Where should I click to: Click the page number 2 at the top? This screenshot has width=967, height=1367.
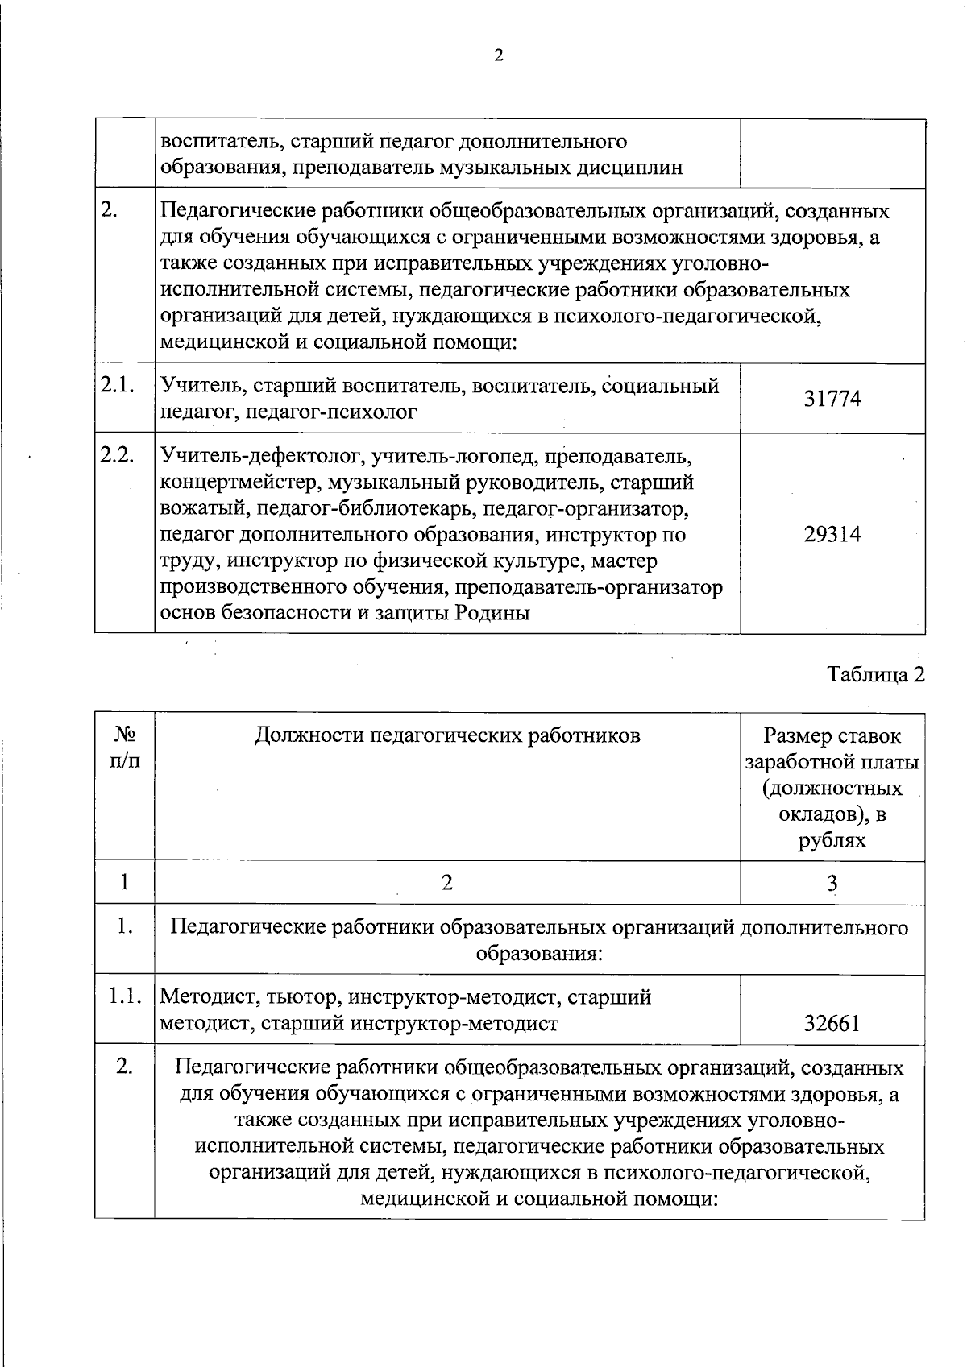pyautogui.click(x=498, y=56)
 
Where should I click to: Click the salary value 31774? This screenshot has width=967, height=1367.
pyautogui.click(x=832, y=399)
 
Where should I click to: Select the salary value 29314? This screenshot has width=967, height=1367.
pyautogui.click(x=832, y=534)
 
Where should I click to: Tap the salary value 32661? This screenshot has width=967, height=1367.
pyautogui.click(x=832, y=1024)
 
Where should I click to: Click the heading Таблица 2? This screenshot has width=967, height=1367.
pyautogui.click(x=876, y=674)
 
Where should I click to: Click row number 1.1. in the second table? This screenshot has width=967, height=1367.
pyautogui.click(x=126, y=997)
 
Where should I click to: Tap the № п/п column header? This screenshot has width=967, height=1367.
pyautogui.click(x=124, y=748)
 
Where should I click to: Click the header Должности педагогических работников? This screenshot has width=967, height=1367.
pyautogui.click(x=447, y=735)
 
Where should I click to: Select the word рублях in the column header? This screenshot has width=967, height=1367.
pyautogui.click(x=832, y=841)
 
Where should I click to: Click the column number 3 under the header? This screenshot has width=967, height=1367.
pyautogui.click(x=832, y=884)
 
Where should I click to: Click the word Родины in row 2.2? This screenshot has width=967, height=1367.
pyautogui.click(x=492, y=613)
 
